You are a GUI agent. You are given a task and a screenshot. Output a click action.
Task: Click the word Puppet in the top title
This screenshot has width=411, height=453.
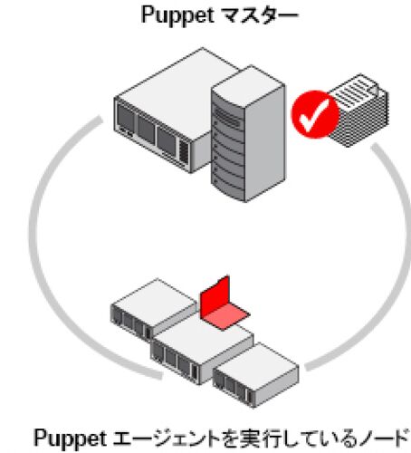(x=177, y=15)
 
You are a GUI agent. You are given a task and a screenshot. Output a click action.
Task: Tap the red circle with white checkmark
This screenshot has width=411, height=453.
(x=315, y=114)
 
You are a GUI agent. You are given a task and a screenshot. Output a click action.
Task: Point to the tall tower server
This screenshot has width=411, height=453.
(x=248, y=134)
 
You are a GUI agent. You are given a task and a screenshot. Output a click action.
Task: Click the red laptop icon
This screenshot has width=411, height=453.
(x=225, y=303)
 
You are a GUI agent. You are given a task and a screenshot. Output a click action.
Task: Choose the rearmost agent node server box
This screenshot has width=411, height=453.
(x=152, y=309)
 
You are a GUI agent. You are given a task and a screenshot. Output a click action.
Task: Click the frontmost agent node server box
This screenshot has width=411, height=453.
(x=256, y=374)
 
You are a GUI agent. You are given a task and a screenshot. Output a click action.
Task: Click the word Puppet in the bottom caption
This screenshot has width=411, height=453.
(x=70, y=439)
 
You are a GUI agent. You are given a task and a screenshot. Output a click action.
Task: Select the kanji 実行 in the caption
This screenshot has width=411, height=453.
(x=260, y=439)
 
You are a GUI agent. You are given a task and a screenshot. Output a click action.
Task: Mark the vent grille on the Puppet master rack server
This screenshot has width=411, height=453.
(x=184, y=152)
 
